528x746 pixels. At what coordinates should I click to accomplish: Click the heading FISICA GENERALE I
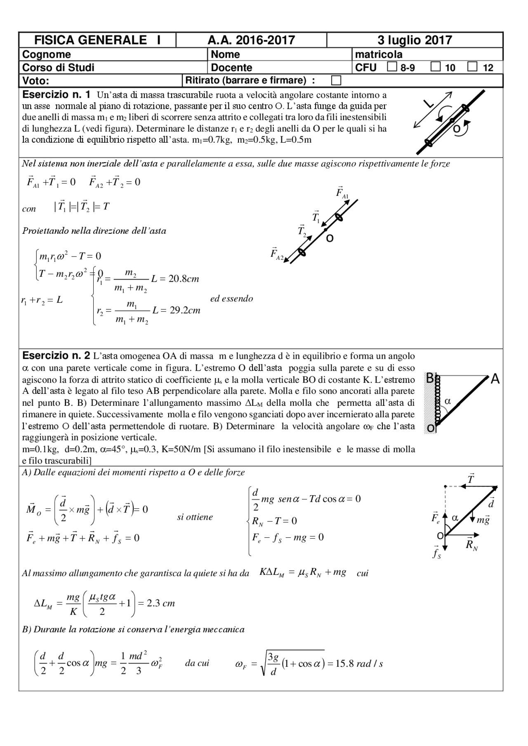(97, 40)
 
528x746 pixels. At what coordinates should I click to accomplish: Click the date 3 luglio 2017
(415, 40)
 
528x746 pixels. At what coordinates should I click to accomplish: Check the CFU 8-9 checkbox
(392, 67)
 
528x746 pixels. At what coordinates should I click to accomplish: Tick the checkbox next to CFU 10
(435, 67)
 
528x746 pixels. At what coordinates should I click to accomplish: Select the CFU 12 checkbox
(472, 67)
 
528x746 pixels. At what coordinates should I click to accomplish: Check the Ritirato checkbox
(336, 80)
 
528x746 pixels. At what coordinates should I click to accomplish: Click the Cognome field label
(46, 54)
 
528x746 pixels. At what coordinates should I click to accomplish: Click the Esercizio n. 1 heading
(56, 94)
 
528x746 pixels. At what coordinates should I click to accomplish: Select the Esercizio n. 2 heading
(56, 355)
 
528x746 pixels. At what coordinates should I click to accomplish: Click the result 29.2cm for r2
(185, 310)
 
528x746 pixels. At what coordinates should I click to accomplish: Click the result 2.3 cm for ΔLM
(161, 603)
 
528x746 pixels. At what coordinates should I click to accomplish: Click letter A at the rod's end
(495, 379)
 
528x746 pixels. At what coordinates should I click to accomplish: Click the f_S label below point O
(436, 553)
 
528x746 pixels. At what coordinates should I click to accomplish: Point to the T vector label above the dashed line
(471, 479)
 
